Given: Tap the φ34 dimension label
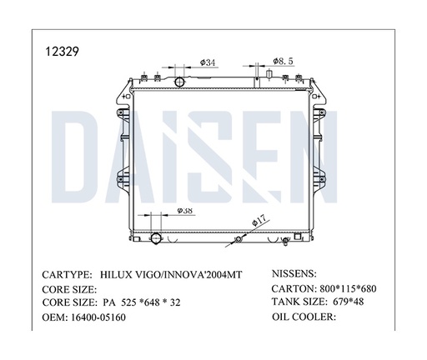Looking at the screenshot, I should [209, 62].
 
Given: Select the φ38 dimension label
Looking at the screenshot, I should [186, 212].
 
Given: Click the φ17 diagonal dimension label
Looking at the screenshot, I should [260, 221].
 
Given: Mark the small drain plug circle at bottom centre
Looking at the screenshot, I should [239, 240].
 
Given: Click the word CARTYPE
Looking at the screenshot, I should [66, 274].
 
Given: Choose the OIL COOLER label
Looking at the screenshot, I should [304, 318].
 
